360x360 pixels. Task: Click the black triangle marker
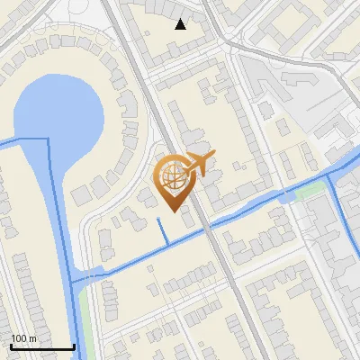(x=181, y=23)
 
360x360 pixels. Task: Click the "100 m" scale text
(x=23, y=338)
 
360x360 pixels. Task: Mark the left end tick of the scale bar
(x=11, y=346)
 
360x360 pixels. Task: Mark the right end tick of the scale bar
(x=74, y=346)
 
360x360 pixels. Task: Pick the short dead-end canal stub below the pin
(x=163, y=230)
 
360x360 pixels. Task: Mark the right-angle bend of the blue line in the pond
(x=48, y=139)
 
